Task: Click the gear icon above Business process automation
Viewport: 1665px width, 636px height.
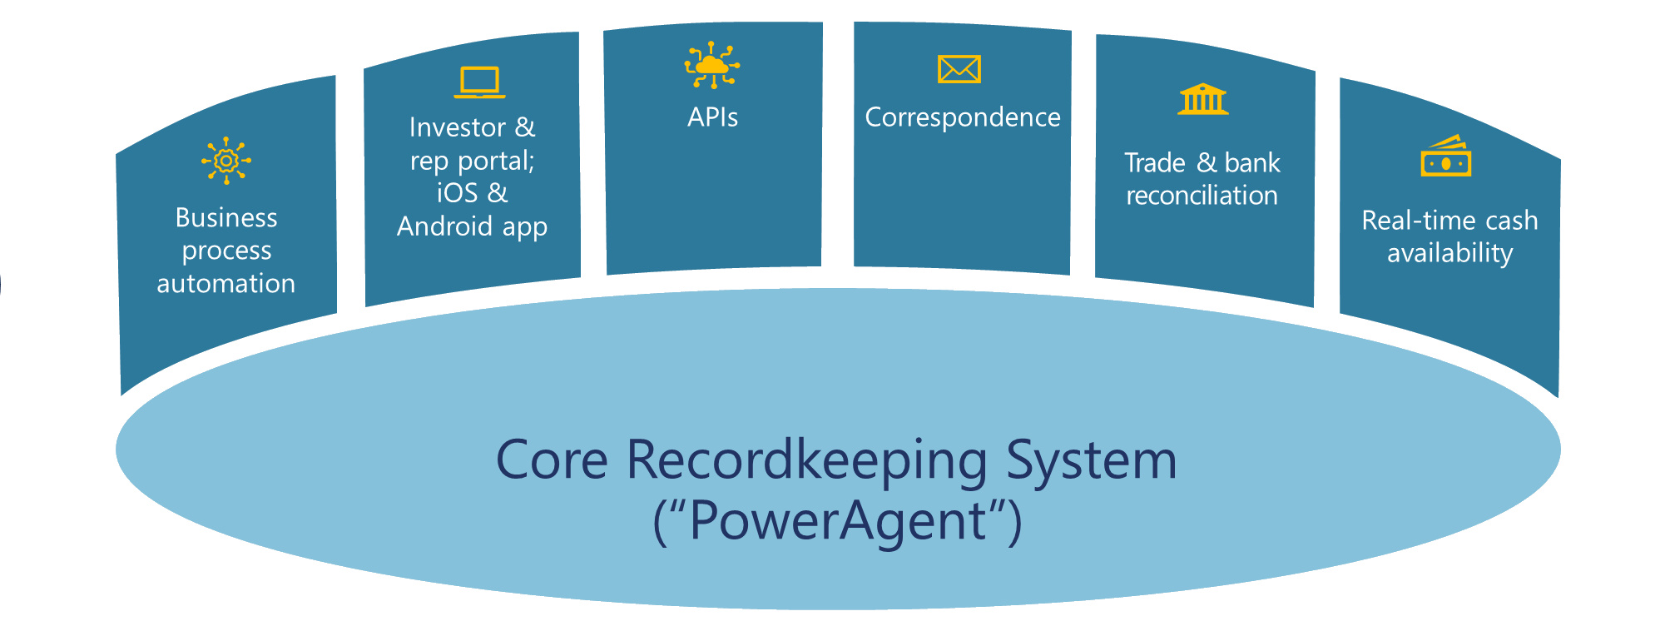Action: [225, 161]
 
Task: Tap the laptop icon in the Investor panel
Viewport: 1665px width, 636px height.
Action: [480, 82]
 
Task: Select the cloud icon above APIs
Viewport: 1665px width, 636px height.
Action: [712, 65]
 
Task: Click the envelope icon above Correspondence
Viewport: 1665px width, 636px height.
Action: [959, 69]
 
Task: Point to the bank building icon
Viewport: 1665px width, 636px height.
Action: [1203, 99]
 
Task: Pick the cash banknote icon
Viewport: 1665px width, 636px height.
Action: [1446, 156]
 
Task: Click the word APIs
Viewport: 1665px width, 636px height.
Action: [712, 117]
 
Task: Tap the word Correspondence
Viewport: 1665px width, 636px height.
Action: [963, 117]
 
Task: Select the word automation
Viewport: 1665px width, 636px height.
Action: [226, 284]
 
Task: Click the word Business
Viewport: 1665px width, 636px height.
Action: [226, 218]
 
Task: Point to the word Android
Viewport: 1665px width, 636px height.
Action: [445, 226]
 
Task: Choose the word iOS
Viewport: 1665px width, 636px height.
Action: [457, 193]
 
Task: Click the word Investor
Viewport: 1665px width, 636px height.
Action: [458, 127]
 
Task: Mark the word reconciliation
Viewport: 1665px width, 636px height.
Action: [1202, 196]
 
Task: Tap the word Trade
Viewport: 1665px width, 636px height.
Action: [1155, 163]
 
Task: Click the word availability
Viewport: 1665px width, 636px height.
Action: [1449, 254]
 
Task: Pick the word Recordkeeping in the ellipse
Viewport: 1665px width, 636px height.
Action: [808, 461]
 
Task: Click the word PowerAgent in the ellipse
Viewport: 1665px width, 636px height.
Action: [838, 521]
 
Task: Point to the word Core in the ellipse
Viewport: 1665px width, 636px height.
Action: [552, 460]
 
